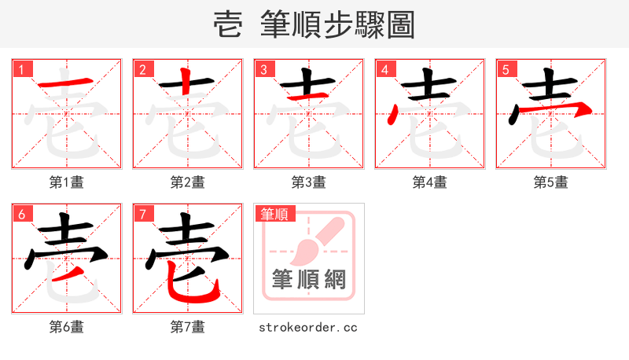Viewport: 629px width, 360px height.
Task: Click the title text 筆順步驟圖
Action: pyautogui.click(x=337, y=26)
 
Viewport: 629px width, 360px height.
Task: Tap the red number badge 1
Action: pyautogui.click(x=21, y=69)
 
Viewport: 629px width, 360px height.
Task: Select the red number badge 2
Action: pyautogui.click(x=142, y=69)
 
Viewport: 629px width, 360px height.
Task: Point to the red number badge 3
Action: pyautogui.click(x=263, y=69)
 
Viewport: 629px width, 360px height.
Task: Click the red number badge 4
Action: pyautogui.click(x=384, y=69)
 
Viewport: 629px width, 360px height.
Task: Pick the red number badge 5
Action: pyautogui.click(x=506, y=69)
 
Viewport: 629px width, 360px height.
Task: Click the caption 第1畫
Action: pyautogui.click(x=67, y=182)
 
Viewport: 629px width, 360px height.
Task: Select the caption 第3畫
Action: pyautogui.click(x=309, y=182)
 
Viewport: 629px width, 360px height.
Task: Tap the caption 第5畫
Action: pyautogui.click(x=551, y=182)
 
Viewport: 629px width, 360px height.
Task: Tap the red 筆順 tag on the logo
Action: pyautogui.click(x=274, y=214)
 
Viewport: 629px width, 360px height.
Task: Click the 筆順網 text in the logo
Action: pyautogui.click(x=308, y=279)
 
